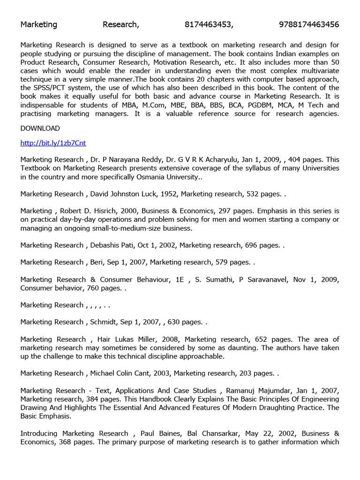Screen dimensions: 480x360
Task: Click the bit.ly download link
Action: point(53,143)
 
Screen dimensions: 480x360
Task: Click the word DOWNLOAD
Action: point(40,128)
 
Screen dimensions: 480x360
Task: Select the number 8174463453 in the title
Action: point(209,25)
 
